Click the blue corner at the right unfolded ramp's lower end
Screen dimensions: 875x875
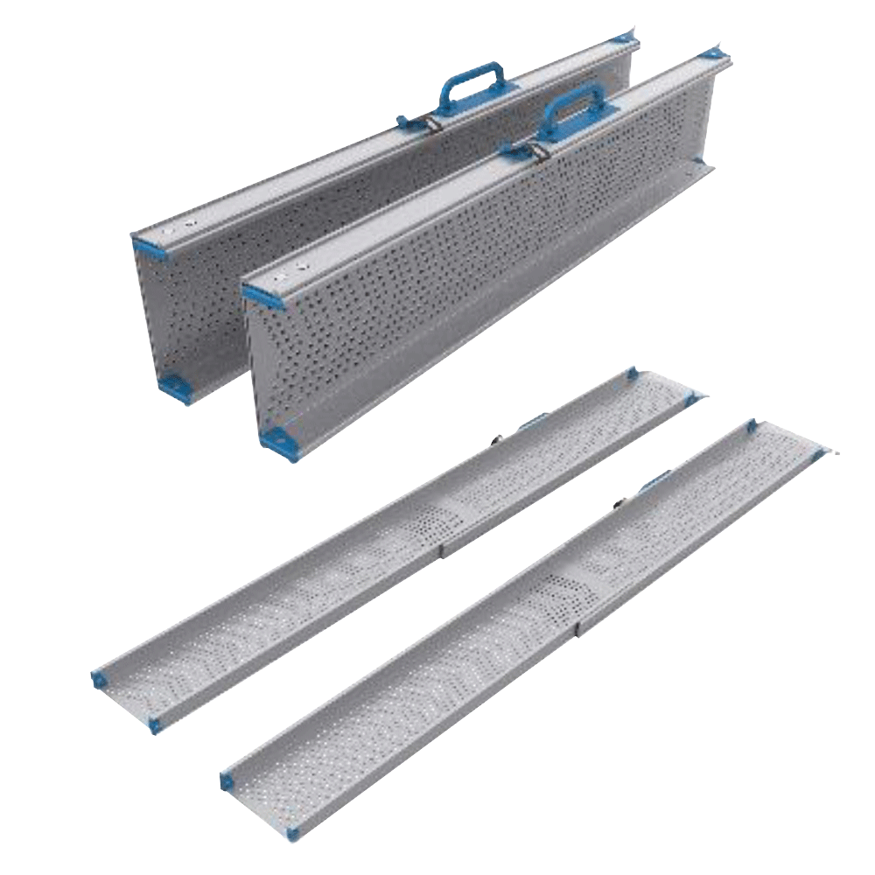pyautogui.click(x=230, y=778)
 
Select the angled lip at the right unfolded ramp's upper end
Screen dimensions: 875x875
pyautogui.click(x=796, y=437)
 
